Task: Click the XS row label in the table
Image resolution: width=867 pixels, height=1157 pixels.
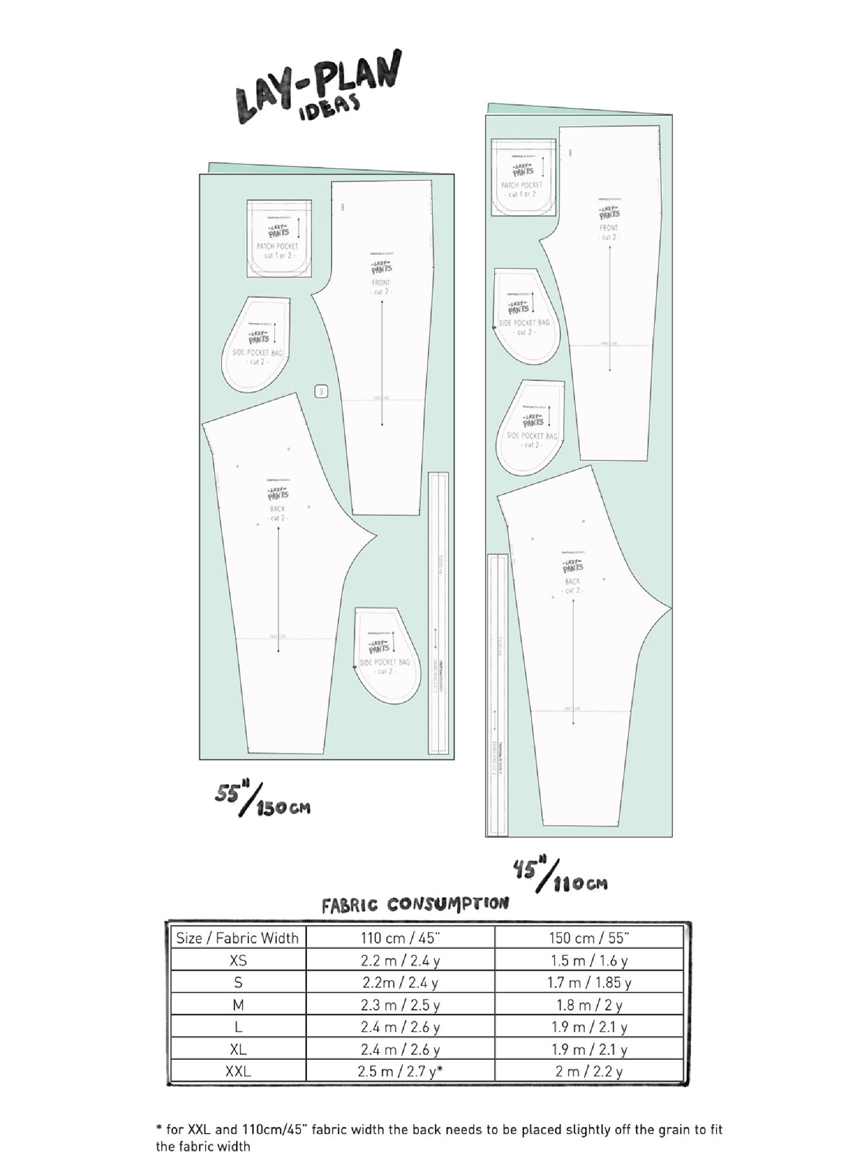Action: (x=238, y=960)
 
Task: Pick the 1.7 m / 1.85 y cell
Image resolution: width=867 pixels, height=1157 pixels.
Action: (x=589, y=983)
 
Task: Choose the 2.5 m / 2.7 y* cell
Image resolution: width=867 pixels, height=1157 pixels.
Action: (x=400, y=1071)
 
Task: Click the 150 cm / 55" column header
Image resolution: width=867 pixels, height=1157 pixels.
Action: (x=589, y=938)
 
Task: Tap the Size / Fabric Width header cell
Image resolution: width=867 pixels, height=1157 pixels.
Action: (x=238, y=938)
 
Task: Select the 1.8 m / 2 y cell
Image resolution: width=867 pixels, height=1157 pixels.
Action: (x=589, y=1005)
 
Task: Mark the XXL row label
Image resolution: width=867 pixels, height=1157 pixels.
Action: (x=238, y=1071)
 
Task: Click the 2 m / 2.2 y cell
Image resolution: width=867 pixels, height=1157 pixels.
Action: (x=589, y=1071)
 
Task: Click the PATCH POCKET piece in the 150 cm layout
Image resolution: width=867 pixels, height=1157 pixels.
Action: (x=279, y=238)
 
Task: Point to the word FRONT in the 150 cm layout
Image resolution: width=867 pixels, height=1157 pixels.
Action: (x=381, y=282)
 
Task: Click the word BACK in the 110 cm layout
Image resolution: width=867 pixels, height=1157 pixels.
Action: (x=572, y=581)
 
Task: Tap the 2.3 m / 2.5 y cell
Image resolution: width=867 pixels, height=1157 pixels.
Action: (x=400, y=1005)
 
